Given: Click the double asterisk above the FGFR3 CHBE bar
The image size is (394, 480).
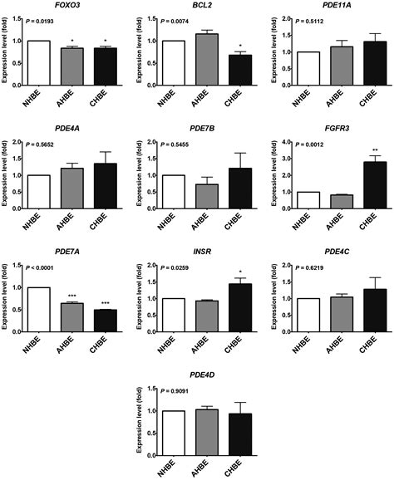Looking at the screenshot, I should (355, 150).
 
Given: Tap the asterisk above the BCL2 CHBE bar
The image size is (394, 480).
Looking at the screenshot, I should (221, 47).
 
